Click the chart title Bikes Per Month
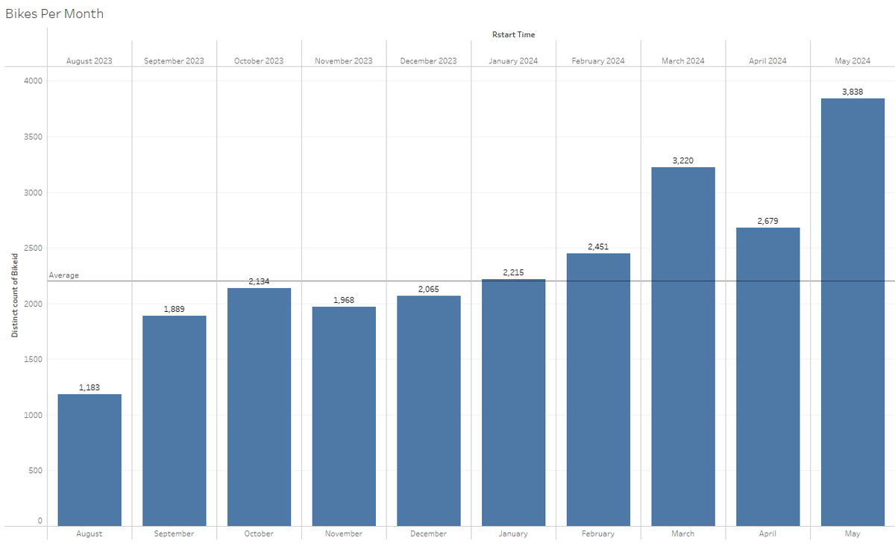click(54, 13)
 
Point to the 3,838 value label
click(852, 92)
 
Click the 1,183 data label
click(89, 387)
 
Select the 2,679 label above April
click(767, 221)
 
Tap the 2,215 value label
click(513, 272)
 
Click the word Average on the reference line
click(64, 275)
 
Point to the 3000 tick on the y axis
click(33, 193)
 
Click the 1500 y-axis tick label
click(33, 360)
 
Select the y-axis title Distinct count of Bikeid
click(14, 296)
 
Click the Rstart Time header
click(513, 34)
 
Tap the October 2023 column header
click(259, 60)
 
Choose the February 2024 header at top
click(598, 60)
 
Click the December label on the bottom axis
click(429, 534)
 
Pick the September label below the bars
click(174, 534)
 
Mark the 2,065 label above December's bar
click(429, 289)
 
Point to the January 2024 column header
click(513, 60)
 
